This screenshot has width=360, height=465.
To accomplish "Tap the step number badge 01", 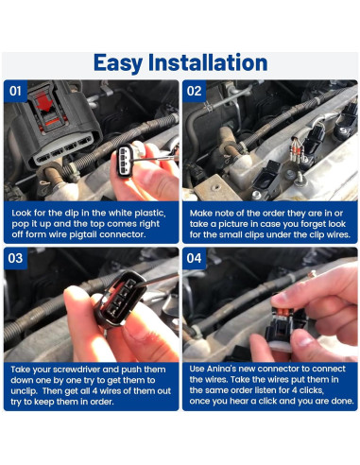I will [16, 92].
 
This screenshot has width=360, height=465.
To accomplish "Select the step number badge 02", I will [195, 92].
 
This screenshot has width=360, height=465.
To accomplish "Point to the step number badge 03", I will [16, 258].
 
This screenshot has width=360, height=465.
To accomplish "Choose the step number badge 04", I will [195, 258].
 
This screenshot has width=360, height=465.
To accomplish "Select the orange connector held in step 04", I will [288, 312].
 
